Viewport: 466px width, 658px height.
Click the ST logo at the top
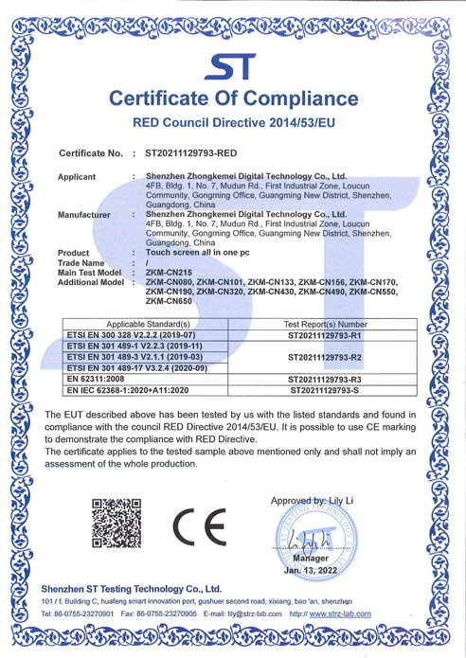[x=233, y=66]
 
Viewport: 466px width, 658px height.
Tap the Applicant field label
[x=77, y=176]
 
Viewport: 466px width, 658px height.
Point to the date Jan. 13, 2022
[x=311, y=571]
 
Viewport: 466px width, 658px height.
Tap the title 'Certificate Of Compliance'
[x=232, y=98]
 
